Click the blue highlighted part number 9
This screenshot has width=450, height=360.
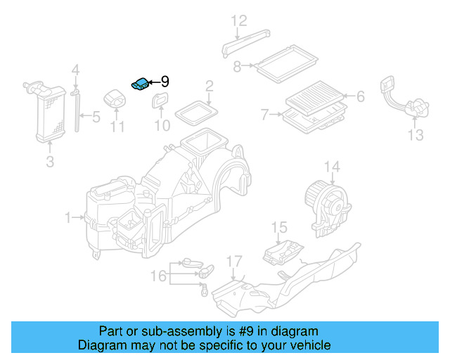coord(139,84)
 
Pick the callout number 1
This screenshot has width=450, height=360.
coord(69,219)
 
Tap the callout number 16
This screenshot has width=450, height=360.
coord(159,276)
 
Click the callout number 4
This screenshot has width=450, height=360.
coord(76,70)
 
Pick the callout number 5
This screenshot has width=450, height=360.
coord(96,115)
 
